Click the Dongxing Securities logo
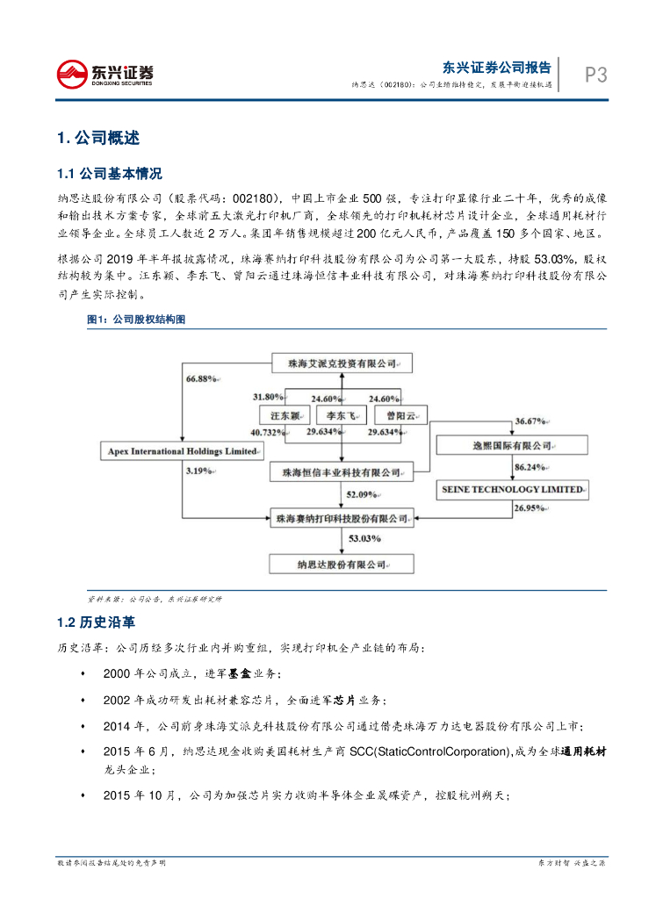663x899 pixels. (104, 76)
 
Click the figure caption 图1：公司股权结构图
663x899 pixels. (136, 320)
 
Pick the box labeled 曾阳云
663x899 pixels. (400, 415)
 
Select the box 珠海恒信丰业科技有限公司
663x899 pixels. (335, 472)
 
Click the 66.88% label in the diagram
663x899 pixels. (201, 378)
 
